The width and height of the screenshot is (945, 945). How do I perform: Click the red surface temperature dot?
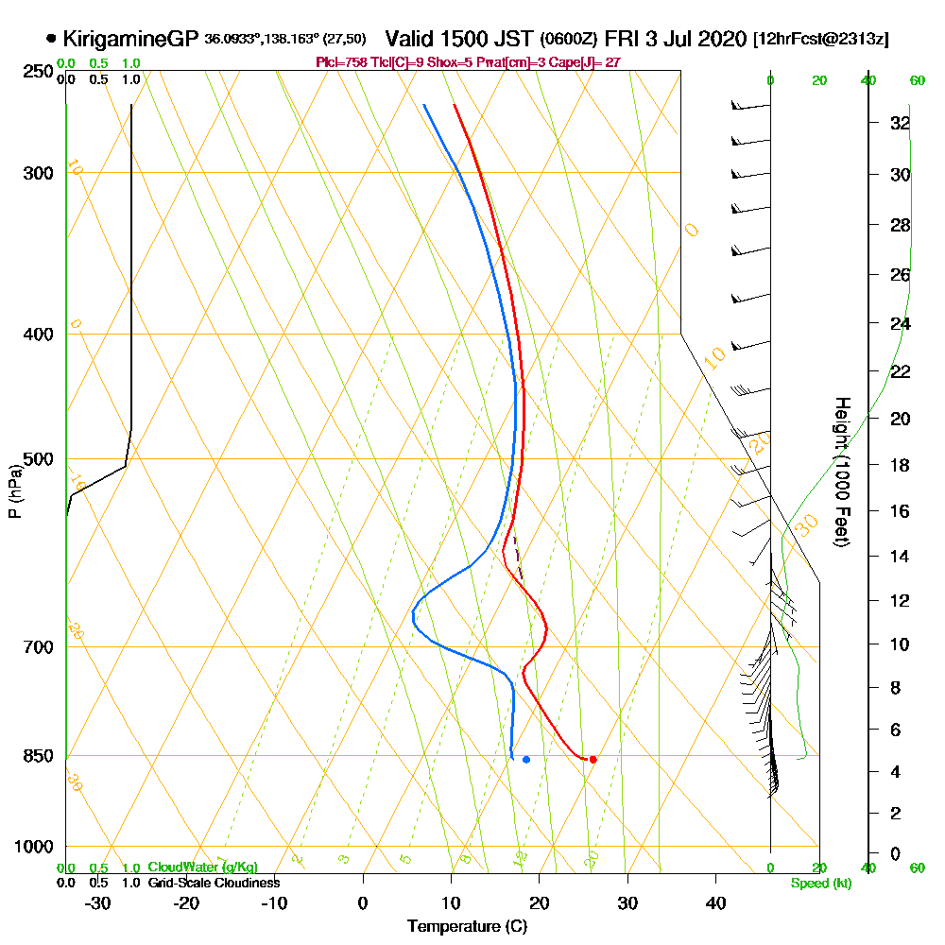[593, 759]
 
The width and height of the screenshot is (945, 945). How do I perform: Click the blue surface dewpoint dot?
[526, 759]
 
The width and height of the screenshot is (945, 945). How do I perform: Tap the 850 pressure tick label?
[39, 756]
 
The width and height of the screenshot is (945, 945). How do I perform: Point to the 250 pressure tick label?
[39, 72]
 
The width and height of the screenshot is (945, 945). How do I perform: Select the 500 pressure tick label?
[39, 460]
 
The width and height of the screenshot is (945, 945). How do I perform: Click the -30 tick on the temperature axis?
[97, 902]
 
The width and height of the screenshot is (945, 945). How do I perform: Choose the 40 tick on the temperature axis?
[716, 902]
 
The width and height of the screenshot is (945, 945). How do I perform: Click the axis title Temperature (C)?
[467, 927]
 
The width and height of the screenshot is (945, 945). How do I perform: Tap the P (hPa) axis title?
[14, 490]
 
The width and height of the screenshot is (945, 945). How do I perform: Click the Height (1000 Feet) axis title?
[840, 472]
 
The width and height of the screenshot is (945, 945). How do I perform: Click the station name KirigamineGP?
[130, 39]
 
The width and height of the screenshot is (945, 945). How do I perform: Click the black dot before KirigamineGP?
[50, 39]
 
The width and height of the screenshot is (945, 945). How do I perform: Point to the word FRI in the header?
[624, 39]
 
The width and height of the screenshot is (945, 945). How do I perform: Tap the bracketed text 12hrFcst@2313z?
[820, 40]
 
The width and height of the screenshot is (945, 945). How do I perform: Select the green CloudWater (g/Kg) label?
[202, 867]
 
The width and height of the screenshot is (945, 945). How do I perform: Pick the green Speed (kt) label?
[819, 884]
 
